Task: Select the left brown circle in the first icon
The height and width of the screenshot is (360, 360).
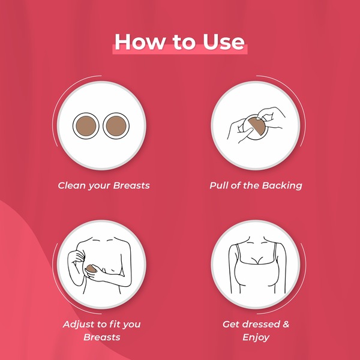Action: click(86, 126)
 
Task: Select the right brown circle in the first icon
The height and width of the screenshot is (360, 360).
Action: click(116, 126)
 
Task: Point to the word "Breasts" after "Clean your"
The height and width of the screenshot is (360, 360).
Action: click(131, 185)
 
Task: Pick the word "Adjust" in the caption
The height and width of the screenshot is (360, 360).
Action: click(79, 325)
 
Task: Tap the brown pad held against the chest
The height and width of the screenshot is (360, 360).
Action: click(91, 269)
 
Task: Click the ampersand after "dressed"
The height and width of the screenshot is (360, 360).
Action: click(286, 324)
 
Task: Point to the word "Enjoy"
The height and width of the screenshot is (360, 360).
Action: click(256, 337)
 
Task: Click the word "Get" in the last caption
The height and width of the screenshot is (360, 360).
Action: click(231, 324)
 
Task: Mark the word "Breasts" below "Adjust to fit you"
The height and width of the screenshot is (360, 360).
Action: click(102, 337)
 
